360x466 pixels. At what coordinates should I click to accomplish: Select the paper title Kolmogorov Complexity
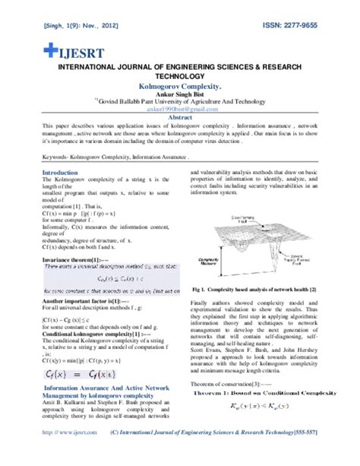coord(179,87)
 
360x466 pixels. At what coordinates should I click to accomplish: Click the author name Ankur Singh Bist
coord(179,95)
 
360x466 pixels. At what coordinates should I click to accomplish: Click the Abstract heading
coord(179,117)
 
